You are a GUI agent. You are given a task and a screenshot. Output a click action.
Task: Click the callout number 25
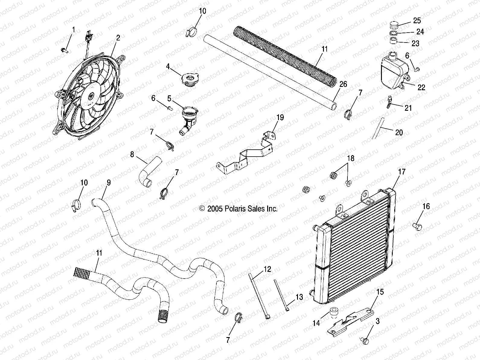(x=417, y=21)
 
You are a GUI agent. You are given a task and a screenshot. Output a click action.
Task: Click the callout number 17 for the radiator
(x=402, y=172)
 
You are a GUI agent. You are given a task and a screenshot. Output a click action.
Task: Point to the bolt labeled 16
(x=417, y=225)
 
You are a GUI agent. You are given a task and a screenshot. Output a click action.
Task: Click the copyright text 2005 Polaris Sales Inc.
(x=238, y=209)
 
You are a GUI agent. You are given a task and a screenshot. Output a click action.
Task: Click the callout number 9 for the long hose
(x=108, y=183)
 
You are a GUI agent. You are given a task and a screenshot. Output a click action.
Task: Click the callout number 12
(x=267, y=269)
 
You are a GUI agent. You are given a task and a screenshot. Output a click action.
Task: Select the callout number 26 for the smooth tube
(x=343, y=84)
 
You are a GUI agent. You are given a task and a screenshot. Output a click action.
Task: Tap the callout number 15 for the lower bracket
(x=380, y=292)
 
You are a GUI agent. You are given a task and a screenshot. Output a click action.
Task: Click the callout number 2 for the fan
(x=118, y=38)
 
